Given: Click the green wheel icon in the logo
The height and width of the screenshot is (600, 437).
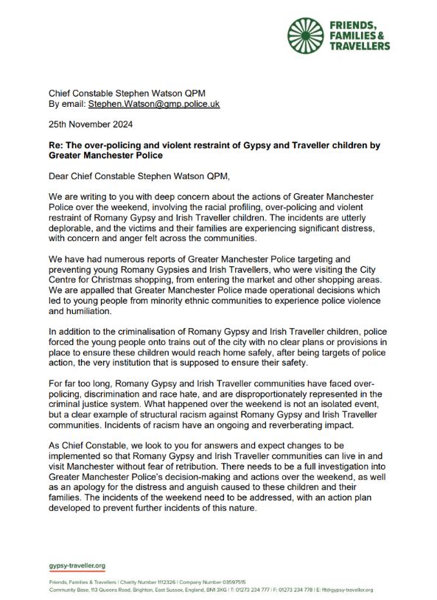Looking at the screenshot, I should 305,35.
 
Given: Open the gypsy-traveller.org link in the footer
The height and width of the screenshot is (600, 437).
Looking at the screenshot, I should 77,566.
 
